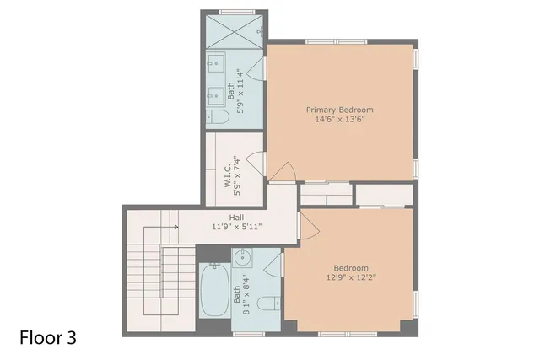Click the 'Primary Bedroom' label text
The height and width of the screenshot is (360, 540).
[x=339, y=110]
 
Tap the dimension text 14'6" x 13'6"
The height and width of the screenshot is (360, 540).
[x=339, y=120]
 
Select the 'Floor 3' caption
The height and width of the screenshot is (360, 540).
[x=48, y=338]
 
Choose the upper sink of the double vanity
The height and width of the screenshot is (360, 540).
[x=213, y=62]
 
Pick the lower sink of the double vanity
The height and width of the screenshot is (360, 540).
[x=213, y=91]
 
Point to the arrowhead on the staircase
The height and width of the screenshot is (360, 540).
[x=175, y=227]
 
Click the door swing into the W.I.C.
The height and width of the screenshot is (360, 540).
[x=257, y=160]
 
